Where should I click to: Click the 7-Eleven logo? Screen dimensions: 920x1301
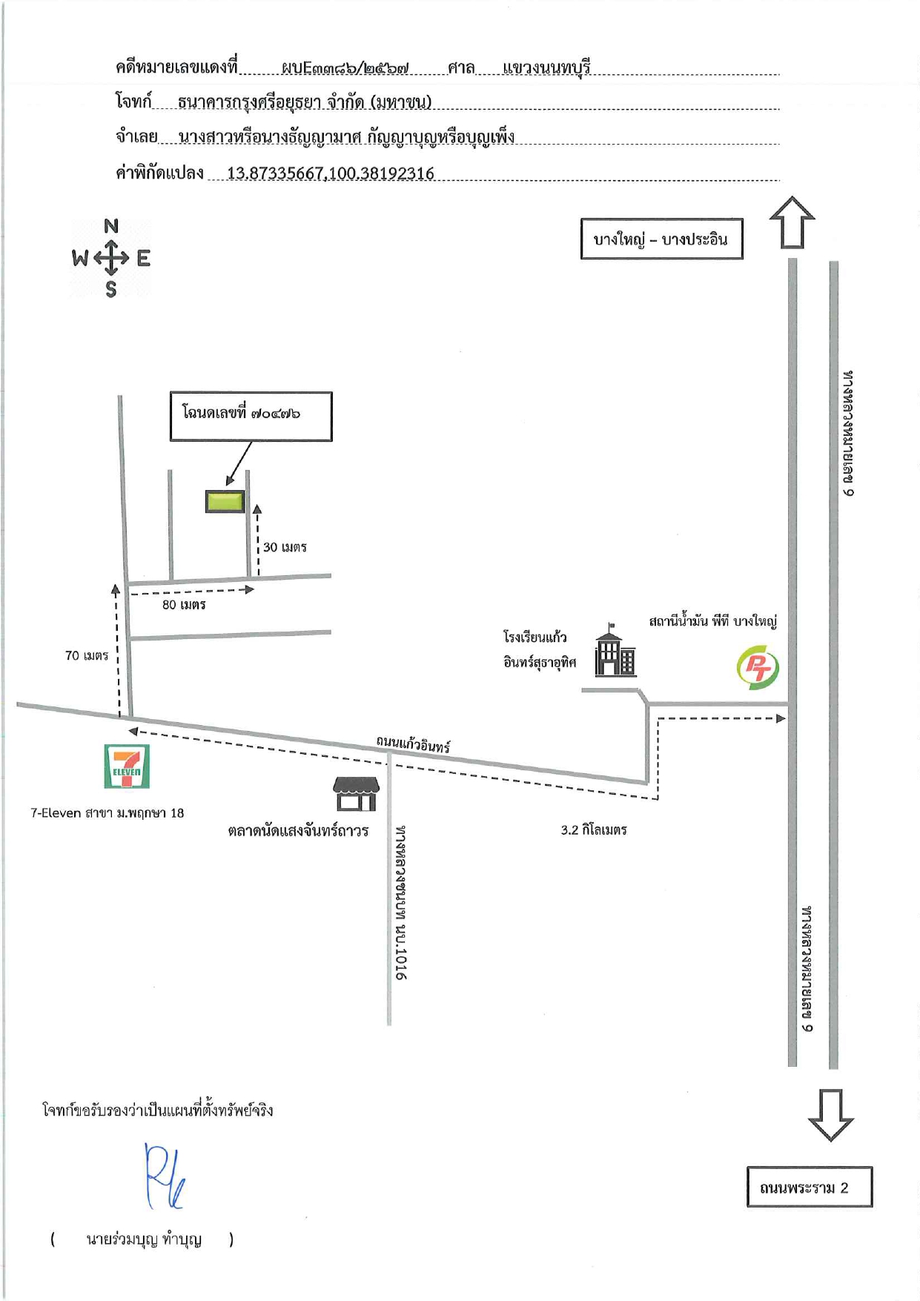point(127,767)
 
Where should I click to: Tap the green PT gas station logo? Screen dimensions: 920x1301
point(758,668)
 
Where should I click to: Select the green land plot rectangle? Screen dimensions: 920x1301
point(225,502)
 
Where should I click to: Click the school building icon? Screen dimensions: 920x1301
point(615,650)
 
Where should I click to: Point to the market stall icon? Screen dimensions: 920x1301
point(357,794)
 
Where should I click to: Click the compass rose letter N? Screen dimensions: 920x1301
point(111,226)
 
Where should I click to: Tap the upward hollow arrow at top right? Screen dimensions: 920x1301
point(792,222)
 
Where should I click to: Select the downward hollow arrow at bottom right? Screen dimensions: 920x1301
point(830,1115)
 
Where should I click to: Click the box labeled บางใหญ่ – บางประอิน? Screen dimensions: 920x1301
point(661,239)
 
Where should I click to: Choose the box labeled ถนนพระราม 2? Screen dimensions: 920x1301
point(810,1187)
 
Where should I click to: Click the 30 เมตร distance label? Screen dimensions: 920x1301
point(285,548)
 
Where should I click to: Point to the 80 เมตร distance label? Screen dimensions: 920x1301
point(184,605)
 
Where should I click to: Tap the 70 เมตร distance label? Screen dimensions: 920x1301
point(87,655)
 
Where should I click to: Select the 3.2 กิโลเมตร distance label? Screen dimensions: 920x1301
point(594,830)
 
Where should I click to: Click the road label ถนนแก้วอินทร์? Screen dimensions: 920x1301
point(413,744)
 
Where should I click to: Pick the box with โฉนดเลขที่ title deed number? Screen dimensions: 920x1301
point(251,416)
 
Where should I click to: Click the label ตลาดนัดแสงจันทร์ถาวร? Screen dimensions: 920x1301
point(298,831)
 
